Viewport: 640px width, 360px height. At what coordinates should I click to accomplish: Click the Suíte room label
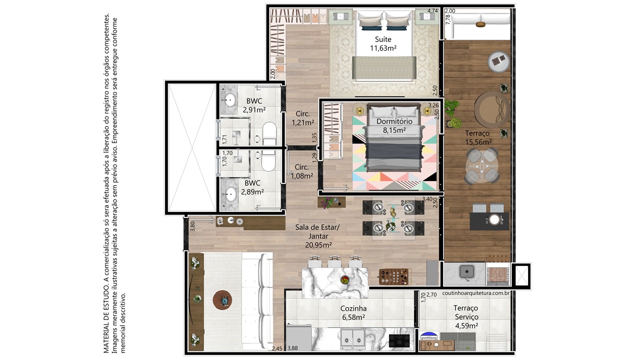tap(383, 43)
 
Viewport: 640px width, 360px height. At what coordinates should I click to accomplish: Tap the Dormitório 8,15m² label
tap(394, 125)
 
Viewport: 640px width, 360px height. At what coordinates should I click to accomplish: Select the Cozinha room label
tap(353, 313)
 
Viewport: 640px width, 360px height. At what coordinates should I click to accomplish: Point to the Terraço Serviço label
tap(466, 317)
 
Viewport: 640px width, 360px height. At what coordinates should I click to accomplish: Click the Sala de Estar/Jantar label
tap(317, 236)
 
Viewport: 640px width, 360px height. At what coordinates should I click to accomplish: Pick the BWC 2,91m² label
tap(254, 105)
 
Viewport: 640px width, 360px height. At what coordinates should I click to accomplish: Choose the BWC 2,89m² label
tap(252, 187)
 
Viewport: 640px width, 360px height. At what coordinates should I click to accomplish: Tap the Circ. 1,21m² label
tap(302, 118)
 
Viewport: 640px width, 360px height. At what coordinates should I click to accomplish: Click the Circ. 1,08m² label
tap(301, 171)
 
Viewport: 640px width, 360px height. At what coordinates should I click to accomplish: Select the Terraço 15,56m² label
tap(478, 137)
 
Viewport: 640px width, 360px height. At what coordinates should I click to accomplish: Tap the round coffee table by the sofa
tap(222, 300)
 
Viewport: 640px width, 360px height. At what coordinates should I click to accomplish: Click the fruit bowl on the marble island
tap(345, 279)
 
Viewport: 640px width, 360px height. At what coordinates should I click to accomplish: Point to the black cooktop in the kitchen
tap(399, 340)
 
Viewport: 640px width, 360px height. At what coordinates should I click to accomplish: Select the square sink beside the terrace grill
tap(467, 271)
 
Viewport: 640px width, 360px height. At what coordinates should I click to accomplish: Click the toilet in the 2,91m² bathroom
tap(269, 133)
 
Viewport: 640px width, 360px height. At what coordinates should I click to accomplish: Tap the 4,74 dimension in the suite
tap(432, 11)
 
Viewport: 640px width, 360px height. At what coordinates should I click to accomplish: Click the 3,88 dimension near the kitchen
tap(292, 348)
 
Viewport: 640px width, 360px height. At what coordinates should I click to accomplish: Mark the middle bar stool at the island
tap(334, 261)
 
